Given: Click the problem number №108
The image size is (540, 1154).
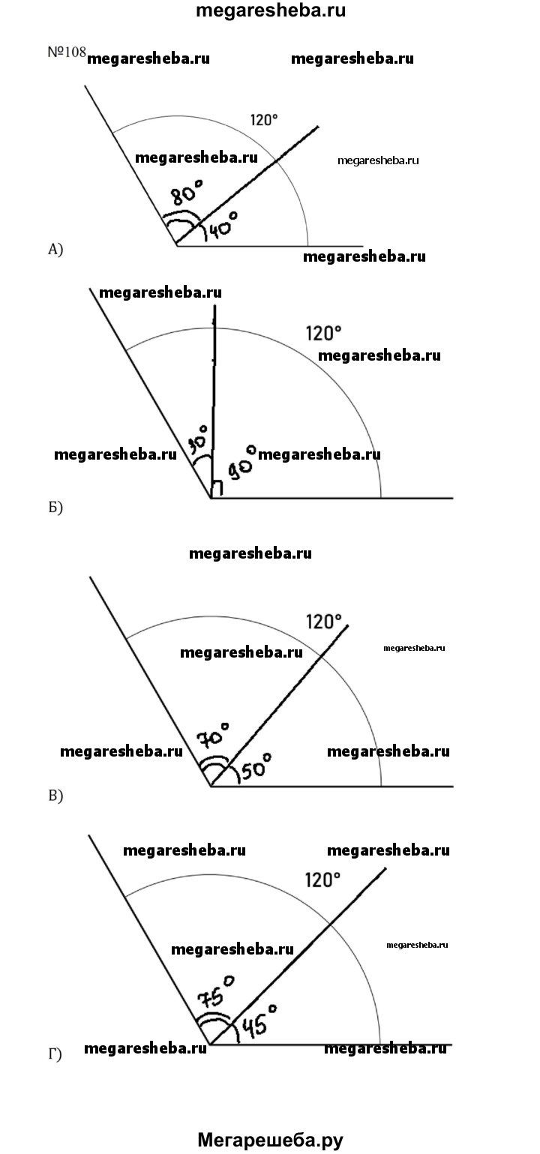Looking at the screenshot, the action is tap(67, 52).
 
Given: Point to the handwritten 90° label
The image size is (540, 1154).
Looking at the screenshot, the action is tap(241, 462).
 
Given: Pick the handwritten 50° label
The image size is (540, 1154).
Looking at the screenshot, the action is tap(256, 766).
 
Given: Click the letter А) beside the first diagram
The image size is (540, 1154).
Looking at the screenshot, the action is tap(55, 250).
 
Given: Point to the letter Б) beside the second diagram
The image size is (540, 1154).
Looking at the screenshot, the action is tap(55, 508).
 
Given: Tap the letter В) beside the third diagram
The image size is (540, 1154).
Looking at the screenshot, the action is tap(55, 796).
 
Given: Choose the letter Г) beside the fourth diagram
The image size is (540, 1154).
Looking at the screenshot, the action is tap(55, 1054).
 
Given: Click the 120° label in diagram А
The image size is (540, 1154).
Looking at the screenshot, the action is tap(264, 120).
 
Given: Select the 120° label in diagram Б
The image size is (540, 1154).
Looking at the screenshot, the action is tap(323, 334).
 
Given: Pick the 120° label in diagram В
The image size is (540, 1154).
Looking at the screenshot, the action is tap(323, 622).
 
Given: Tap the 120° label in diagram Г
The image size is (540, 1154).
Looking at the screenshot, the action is tap(322, 880).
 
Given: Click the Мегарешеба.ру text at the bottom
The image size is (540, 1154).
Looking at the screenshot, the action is tap(270, 1140).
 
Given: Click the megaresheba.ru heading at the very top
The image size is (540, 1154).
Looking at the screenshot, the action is tap(271, 10).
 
